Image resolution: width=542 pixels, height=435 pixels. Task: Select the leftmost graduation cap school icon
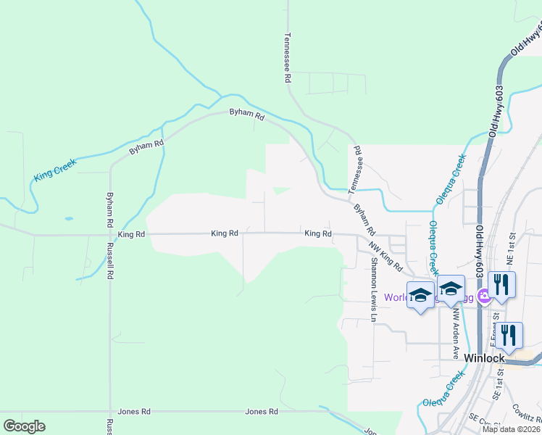tap(420, 294)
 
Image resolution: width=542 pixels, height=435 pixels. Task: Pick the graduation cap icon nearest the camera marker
tap(451, 289)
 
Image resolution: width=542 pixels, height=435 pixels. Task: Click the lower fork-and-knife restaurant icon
tap(509, 335)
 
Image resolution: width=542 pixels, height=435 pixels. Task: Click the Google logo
tap(24, 426)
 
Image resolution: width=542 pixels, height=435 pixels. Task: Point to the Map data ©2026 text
tap(512, 428)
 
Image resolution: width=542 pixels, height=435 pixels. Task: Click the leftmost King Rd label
tap(131, 234)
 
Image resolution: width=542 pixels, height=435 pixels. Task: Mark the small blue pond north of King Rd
tap(68, 217)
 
